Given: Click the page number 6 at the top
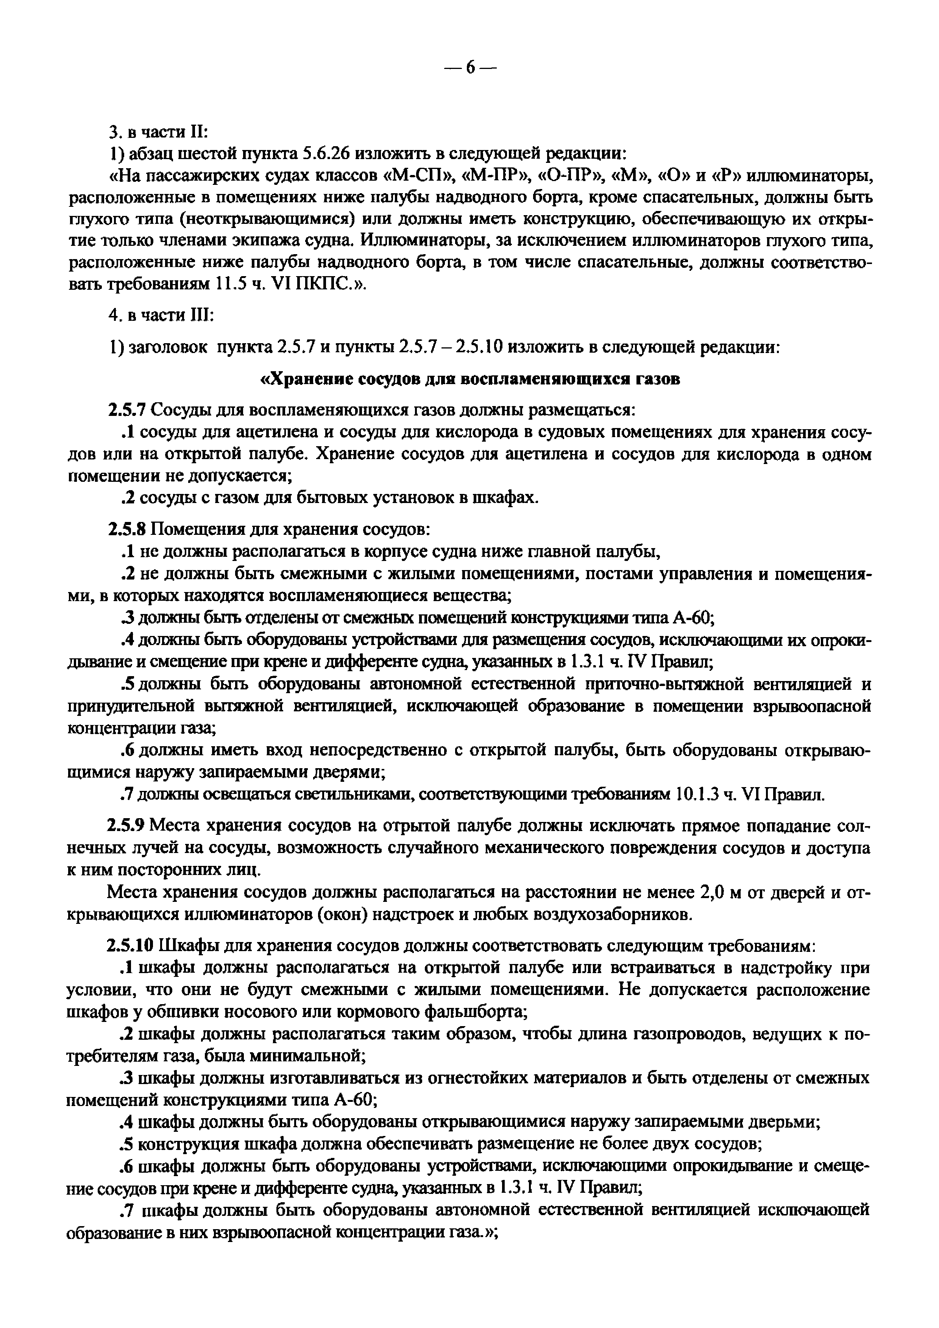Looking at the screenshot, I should click(x=469, y=68).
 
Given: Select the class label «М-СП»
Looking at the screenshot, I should click(x=415, y=175).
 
